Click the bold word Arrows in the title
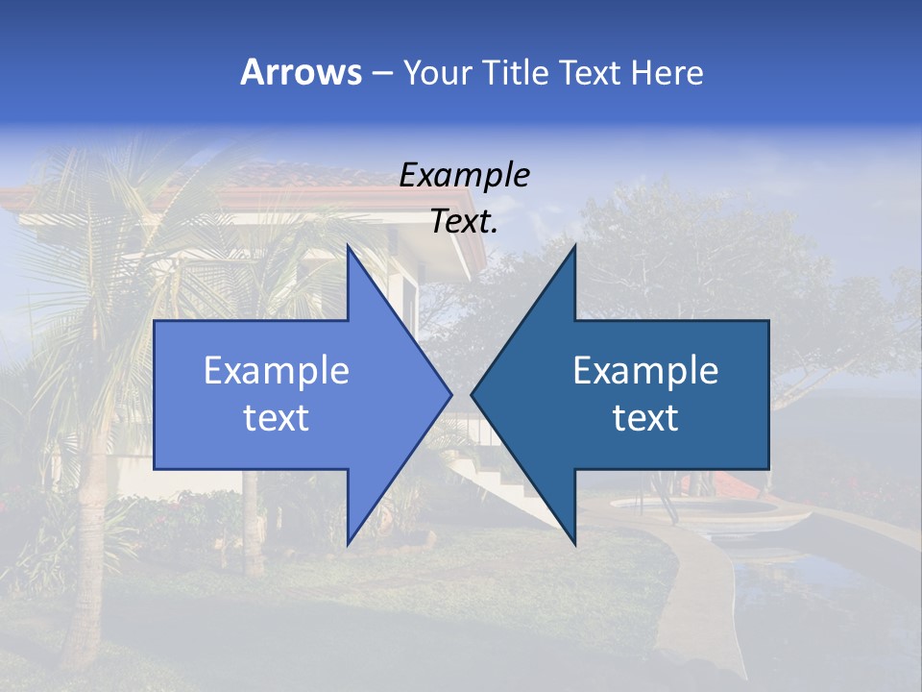click(301, 72)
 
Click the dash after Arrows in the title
click(381, 74)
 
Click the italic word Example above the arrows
click(464, 175)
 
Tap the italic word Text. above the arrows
click(464, 221)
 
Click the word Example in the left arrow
click(276, 371)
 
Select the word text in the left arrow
click(276, 418)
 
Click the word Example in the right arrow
click(645, 371)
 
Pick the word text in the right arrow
click(645, 418)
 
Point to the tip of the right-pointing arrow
click(451, 394)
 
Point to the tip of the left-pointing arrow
click(472, 394)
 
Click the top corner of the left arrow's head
click(348, 245)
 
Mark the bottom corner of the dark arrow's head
click(575, 545)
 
